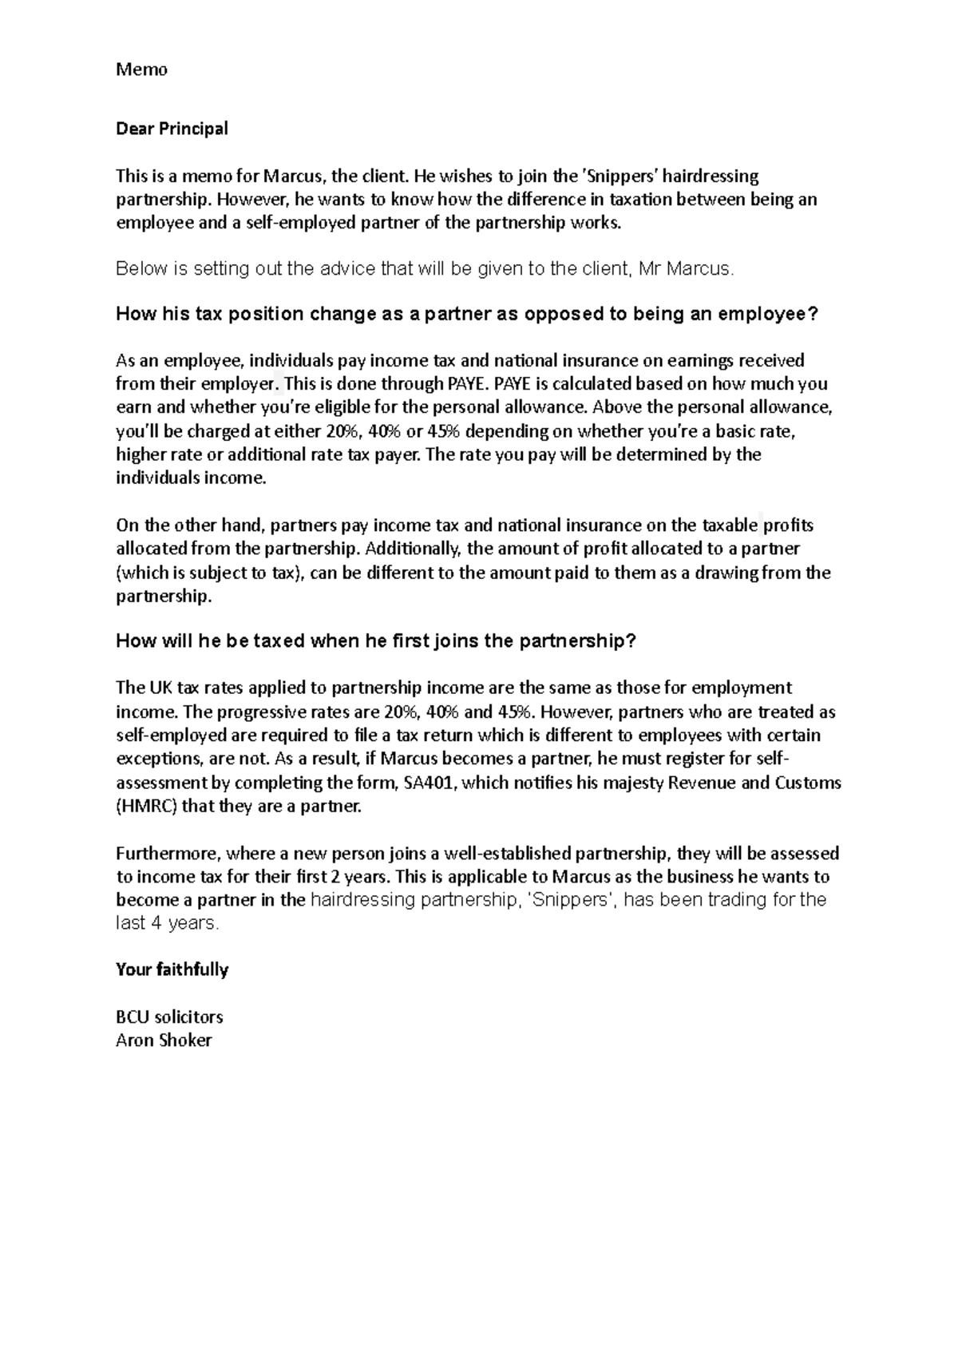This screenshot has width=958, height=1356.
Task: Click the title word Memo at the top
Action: tap(141, 70)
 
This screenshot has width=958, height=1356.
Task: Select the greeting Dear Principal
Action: tap(172, 129)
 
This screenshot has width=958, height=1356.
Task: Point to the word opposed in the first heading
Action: tap(565, 314)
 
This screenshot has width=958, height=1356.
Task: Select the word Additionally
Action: tap(414, 549)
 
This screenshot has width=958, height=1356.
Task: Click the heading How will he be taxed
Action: tap(376, 641)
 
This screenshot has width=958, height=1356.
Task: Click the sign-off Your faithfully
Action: tap(172, 969)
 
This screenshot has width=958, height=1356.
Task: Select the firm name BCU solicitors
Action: tap(169, 1017)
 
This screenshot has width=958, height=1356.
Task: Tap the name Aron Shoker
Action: tap(164, 1040)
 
